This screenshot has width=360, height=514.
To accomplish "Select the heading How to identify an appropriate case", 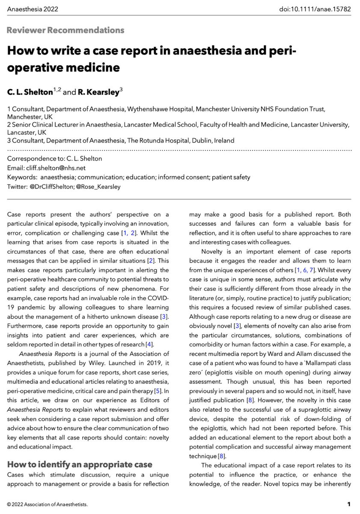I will point(80,465).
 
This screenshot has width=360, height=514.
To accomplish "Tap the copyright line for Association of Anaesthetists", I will point(48,504).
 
